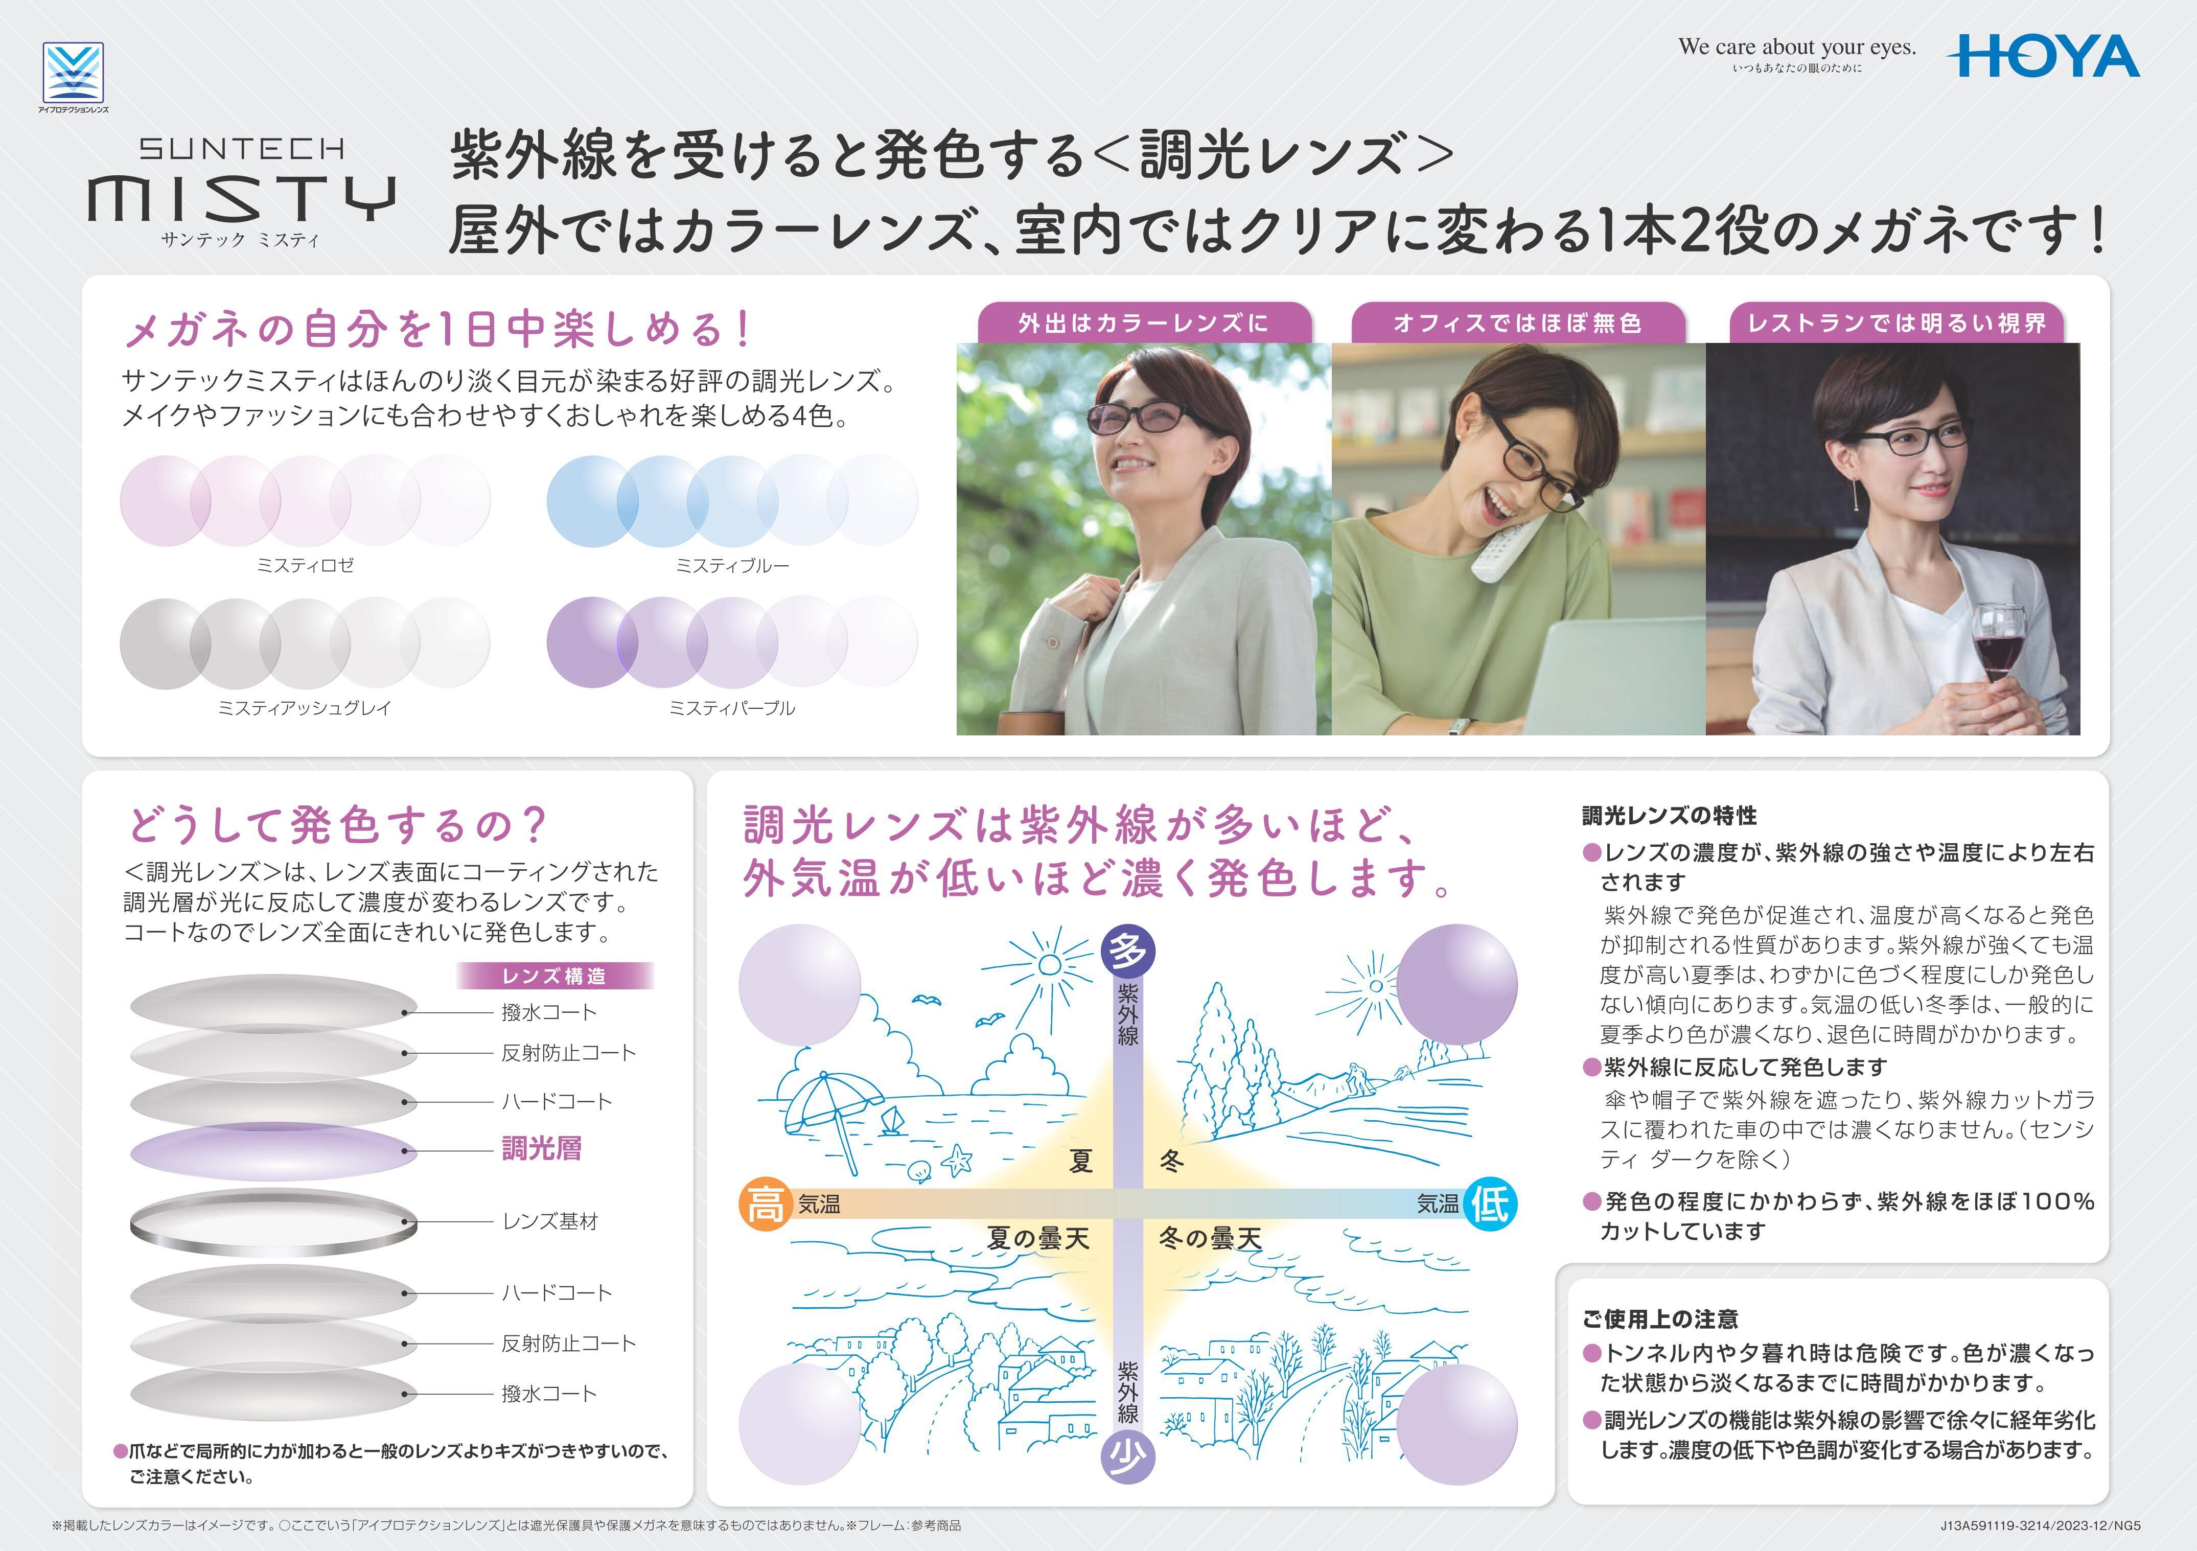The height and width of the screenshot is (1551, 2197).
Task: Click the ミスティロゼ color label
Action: (305, 566)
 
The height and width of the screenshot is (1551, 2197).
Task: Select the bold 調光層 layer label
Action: (542, 1148)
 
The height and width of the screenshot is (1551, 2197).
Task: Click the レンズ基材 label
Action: (550, 1221)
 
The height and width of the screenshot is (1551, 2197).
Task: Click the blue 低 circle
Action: (1490, 1203)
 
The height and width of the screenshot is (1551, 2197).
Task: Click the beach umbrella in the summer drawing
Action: (828, 1110)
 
